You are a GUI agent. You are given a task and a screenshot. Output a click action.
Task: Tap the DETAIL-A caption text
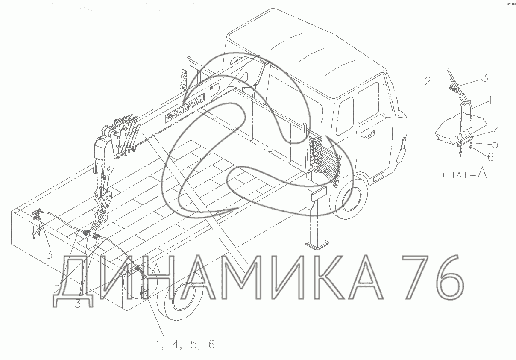pos(463,174)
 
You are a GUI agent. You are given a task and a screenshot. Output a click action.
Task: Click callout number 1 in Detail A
pos(490,100)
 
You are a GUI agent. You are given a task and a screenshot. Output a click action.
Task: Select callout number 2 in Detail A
pos(428,81)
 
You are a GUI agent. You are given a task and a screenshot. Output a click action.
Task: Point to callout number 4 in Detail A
pos(496,131)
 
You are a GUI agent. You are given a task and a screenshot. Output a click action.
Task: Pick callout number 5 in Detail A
pos(495,144)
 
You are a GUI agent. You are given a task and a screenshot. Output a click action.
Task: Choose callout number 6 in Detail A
pos(491,157)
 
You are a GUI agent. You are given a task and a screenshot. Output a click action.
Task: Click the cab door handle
pos(367,135)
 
